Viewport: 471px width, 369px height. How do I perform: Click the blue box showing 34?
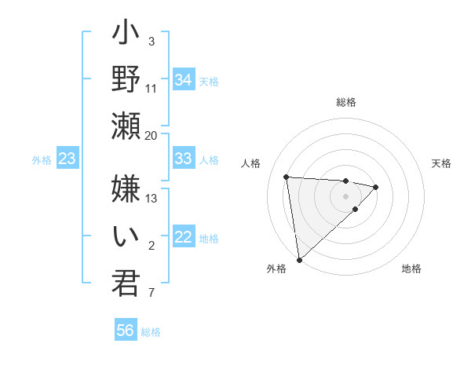(x=184, y=80)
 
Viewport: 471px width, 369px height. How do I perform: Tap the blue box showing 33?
(x=184, y=159)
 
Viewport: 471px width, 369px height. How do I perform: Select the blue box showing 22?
(x=184, y=238)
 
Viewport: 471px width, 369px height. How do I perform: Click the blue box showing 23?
(x=68, y=159)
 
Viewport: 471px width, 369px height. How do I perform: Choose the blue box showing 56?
(x=126, y=331)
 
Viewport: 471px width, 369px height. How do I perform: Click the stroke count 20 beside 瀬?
(x=152, y=135)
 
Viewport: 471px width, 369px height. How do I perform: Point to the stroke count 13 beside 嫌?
(x=152, y=198)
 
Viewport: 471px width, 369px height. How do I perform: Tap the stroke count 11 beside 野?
(x=152, y=88)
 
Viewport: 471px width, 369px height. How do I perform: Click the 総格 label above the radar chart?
(x=345, y=102)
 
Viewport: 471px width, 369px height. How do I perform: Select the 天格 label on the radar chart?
(x=441, y=163)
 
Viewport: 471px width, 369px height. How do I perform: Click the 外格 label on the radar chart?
(x=276, y=269)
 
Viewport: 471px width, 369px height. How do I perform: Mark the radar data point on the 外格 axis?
(x=299, y=259)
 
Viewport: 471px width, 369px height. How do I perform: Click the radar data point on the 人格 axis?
(x=287, y=177)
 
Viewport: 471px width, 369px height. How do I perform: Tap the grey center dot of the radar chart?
(x=345, y=195)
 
